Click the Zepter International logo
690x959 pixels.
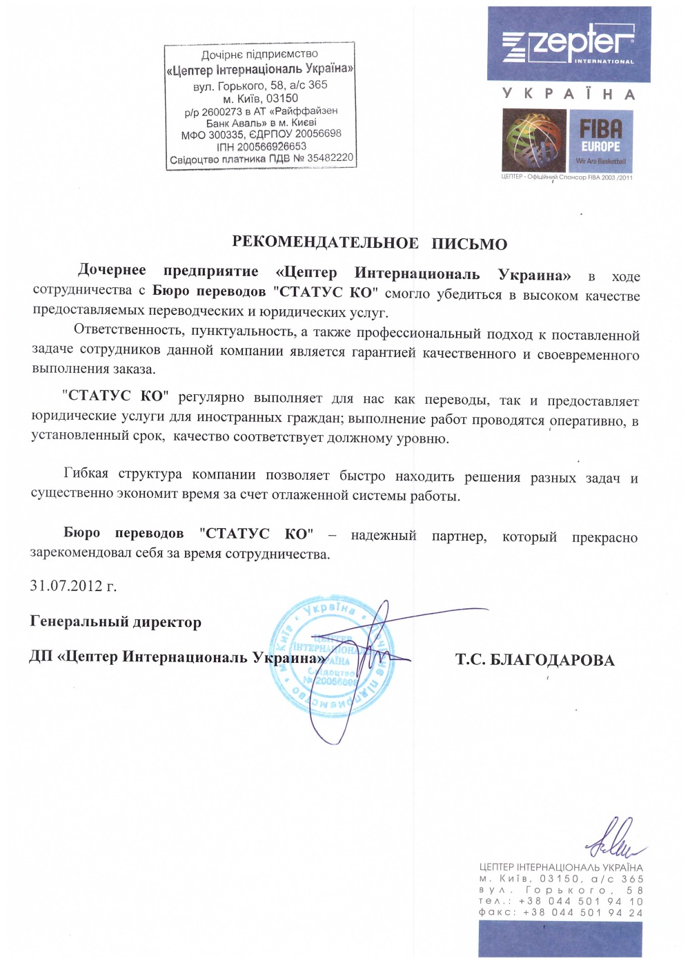tap(569, 45)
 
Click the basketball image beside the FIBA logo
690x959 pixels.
tap(534, 141)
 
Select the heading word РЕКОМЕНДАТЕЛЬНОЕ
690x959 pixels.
tap(325, 242)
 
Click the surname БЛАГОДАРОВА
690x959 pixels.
tap(552, 660)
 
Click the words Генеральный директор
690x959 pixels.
tap(116, 622)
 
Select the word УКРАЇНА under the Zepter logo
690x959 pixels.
tap(568, 94)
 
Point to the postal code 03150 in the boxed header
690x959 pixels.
tap(282, 98)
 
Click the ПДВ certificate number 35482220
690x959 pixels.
tap(330, 158)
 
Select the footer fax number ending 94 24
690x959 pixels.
tap(583, 912)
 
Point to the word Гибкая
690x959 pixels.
tap(86, 474)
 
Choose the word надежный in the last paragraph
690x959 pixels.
tap(384, 535)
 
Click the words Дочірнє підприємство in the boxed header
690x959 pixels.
tap(259, 55)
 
